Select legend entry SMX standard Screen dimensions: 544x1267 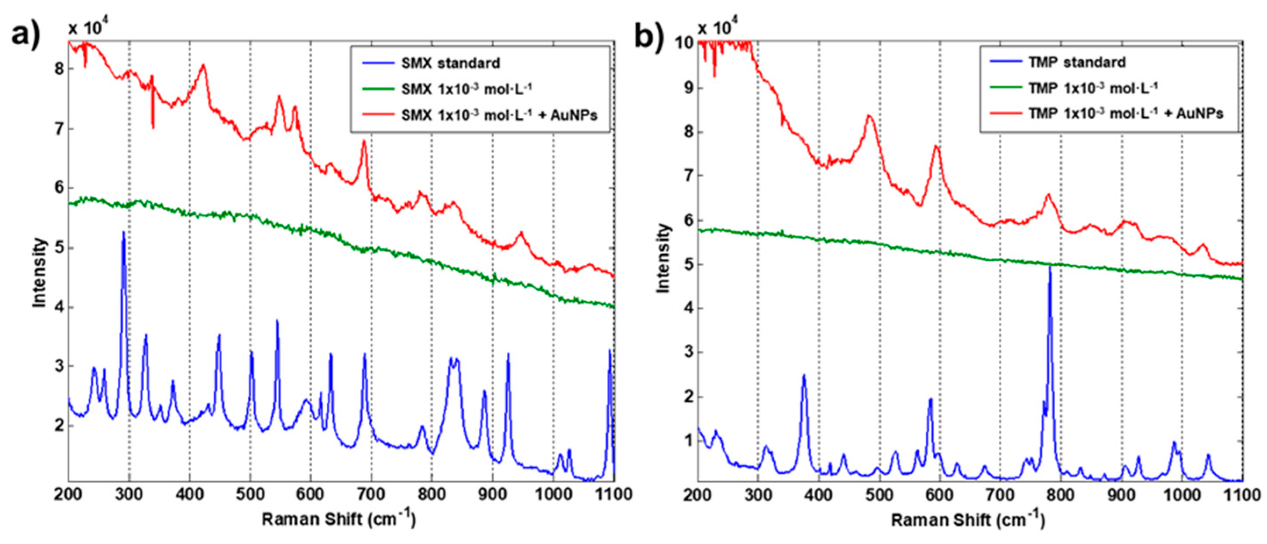click(x=450, y=63)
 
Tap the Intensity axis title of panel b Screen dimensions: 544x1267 click(x=664, y=258)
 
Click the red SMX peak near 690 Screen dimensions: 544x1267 click(x=364, y=142)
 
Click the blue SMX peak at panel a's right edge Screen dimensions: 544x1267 click(x=610, y=351)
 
